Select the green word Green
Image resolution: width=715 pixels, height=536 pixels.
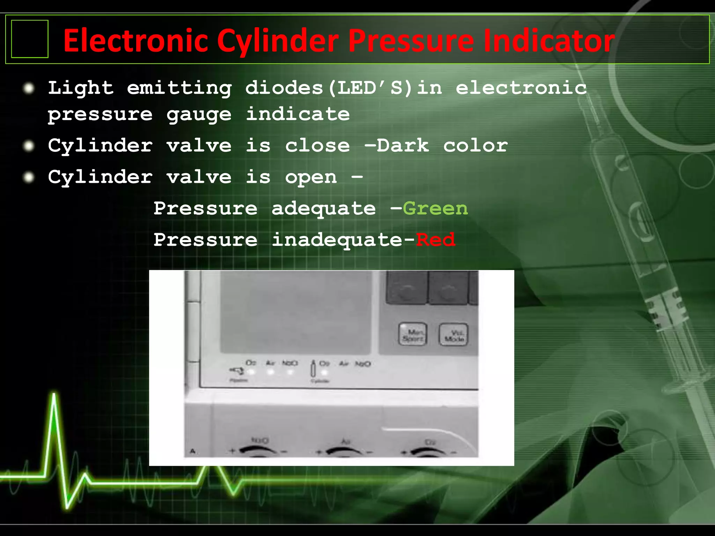[x=435, y=209]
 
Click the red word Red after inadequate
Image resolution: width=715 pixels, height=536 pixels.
[x=435, y=240]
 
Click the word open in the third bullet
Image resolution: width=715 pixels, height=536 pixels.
[x=311, y=177]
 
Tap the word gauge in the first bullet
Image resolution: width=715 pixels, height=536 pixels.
[x=199, y=114]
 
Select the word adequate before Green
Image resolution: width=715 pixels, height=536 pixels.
[x=323, y=209]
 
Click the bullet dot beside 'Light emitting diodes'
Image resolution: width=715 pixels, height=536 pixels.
[x=29, y=88]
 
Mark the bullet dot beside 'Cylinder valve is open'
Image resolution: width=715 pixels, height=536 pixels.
[x=29, y=177]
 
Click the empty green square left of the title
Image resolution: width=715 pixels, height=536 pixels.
[x=30, y=39]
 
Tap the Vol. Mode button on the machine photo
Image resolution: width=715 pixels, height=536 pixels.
[x=453, y=335]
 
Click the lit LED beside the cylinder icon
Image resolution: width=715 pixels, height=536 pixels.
[x=324, y=372]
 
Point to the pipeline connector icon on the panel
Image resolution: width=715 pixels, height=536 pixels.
[x=237, y=371]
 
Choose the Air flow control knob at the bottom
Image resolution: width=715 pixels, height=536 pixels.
[x=345, y=451]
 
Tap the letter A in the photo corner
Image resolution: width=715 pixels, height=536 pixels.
[x=192, y=452]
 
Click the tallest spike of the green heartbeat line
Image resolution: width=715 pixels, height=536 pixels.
[x=54, y=396]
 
